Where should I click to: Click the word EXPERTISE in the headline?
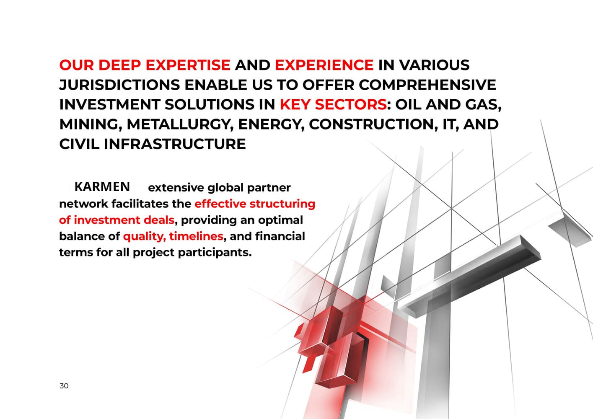click(188, 65)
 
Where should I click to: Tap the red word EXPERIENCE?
click(324, 65)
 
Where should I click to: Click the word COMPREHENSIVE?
click(427, 85)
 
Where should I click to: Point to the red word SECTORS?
click(351, 105)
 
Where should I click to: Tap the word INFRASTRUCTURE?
click(175, 144)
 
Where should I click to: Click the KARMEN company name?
click(102, 187)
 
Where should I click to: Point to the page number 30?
click(64, 386)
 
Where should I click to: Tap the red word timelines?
click(196, 236)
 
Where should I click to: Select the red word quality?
click(145, 237)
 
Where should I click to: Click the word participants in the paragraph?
click(215, 253)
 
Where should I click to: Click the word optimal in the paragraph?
click(280, 220)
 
